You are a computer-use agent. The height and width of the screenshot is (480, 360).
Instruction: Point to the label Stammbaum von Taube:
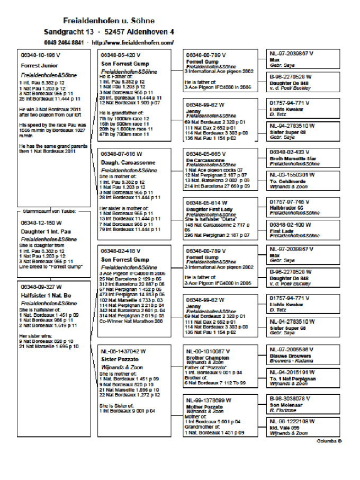tap(49, 211)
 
